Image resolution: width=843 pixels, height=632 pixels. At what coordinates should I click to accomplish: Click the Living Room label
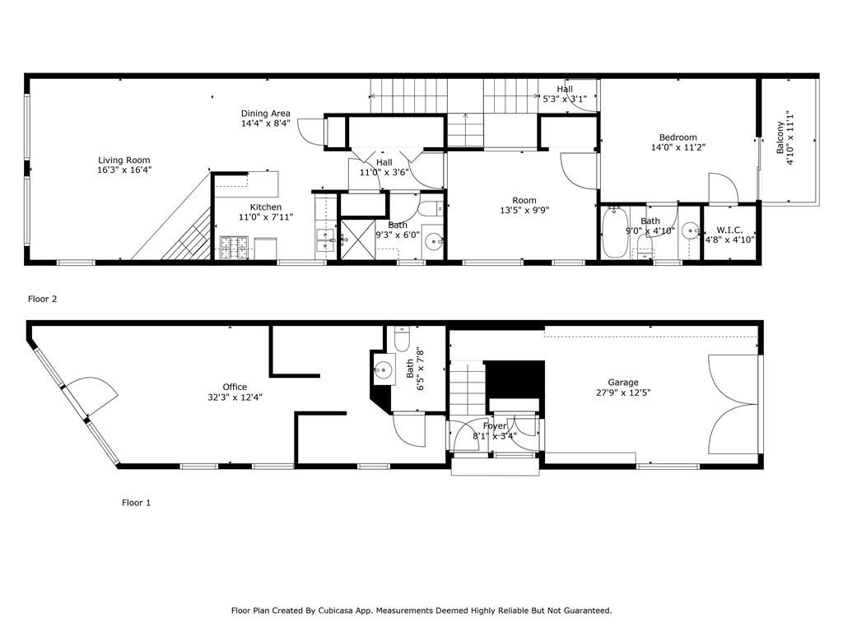(124, 160)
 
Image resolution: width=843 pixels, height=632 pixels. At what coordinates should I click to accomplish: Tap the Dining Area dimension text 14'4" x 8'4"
(265, 124)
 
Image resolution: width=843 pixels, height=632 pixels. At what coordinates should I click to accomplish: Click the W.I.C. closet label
(730, 230)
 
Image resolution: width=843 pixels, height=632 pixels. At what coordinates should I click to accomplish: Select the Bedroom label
(678, 137)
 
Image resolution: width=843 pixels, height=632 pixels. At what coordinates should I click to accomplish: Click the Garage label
(623, 383)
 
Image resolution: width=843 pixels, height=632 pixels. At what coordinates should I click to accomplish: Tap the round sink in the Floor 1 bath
(383, 370)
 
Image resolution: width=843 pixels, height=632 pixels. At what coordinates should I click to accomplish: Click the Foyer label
(495, 426)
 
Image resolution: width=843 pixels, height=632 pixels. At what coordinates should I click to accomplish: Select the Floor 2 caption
(43, 300)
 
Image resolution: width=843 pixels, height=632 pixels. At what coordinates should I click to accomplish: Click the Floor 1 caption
(136, 502)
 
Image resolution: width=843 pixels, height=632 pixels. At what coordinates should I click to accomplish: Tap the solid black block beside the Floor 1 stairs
(514, 378)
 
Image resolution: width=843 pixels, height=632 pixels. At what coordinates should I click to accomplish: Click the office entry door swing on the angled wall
(86, 395)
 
